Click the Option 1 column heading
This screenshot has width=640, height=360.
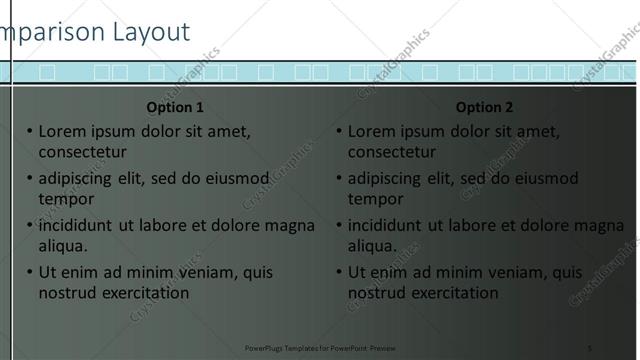pyautogui.click(x=175, y=107)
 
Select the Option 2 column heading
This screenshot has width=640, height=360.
pyautogui.click(x=484, y=107)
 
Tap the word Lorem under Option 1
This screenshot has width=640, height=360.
pyautogui.click(x=62, y=131)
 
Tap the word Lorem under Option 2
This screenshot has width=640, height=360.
pyautogui.click(x=371, y=131)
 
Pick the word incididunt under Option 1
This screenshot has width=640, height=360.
pyautogui.click(x=75, y=225)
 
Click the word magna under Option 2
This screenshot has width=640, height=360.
pyautogui.click(x=599, y=225)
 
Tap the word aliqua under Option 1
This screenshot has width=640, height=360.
pyautogui.click(x=63, y=245)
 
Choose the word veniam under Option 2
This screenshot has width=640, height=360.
pyautogui.click(x=493, y=272)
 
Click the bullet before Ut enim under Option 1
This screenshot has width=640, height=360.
pyautogui.click(x=30, y=272)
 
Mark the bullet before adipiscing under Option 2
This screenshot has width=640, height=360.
pyautogui.click(x=339, y=179)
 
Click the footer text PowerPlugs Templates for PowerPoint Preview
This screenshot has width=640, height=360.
pyautogui.click(x=320, y=347)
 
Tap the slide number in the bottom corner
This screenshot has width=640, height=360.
pyautogui.click(x=590, y=347)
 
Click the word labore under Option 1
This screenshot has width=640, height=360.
pyautogui.click(x=171, y=225)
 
